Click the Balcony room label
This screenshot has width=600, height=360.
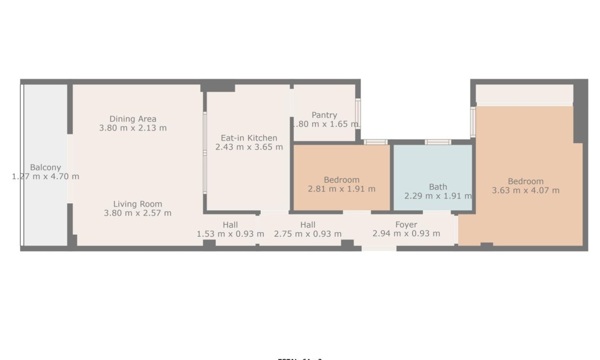[45, 167]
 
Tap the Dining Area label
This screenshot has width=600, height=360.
[133, 119]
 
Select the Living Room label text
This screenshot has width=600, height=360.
[138, 204]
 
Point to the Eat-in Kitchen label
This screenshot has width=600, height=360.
[249, 138]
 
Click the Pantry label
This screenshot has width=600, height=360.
[324, 115]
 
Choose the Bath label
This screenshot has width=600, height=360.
[438, 186]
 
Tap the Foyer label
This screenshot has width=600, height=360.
[406, 225]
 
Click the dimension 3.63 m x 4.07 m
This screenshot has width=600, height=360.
[526, 190]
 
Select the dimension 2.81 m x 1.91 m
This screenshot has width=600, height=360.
[341, 188]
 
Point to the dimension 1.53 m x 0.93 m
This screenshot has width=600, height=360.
[230, 234]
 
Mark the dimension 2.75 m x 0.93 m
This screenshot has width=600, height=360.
[307, 234]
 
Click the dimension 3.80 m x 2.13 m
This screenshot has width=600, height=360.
[133, 128]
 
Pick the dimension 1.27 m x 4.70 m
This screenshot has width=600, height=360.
[46, 176]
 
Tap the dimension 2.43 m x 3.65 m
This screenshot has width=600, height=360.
[249, 147]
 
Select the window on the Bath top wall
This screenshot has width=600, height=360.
[438, 142]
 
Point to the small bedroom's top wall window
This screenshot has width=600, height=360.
[375, 142]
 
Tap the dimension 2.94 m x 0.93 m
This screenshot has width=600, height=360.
[406, 234]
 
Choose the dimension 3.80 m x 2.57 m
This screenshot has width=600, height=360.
[138, 213]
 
